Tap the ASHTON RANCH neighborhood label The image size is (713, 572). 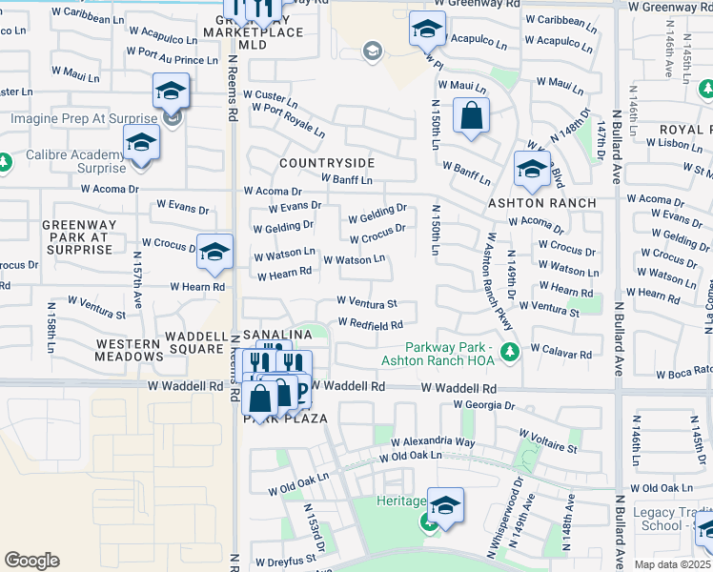click(542, 203)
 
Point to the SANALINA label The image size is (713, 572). click(277, 336)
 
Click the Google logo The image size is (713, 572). click(31, 560)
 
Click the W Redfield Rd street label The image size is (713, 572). click(377, 326)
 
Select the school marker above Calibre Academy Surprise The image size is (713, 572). click(141, 143)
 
